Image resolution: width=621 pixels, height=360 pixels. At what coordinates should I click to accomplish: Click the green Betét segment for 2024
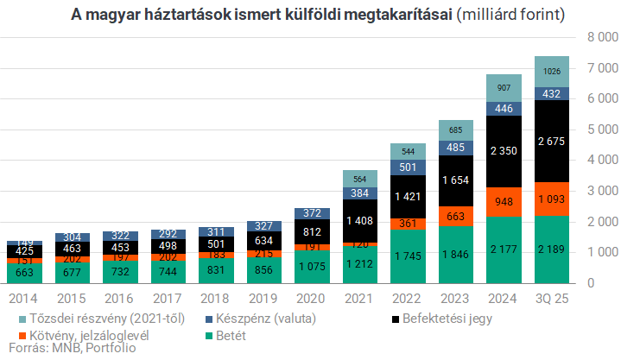coord(503,249)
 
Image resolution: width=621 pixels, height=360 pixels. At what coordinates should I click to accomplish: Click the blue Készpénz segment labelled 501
coord(407,167)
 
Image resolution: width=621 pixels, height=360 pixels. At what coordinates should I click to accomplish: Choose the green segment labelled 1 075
coord(311,266)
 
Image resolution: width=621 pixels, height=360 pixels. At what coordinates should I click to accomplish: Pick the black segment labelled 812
coord(311,231)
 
